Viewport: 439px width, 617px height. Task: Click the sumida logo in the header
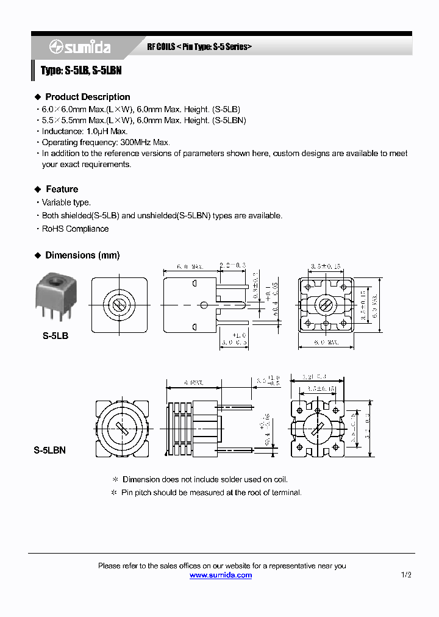point(79,48)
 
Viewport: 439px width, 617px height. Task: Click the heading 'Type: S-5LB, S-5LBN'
point(81,71)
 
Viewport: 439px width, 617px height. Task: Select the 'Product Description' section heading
point(87,97)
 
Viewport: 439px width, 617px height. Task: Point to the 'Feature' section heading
point(62,189)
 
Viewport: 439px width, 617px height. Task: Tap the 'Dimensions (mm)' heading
point(82,255)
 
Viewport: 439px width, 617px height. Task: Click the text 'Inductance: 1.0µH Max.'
point(85,131)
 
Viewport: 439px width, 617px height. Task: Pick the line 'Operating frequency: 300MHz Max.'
point(105,142)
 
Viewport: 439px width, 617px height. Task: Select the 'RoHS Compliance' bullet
point(75,229)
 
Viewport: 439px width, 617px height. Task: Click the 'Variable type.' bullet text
point(66,202)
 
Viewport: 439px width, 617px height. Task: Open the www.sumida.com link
point(220,575)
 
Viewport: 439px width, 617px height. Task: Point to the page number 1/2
point(406,575)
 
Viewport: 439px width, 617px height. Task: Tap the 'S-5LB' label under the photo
point(55,335)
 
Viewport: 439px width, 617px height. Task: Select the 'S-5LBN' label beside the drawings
point(49,451)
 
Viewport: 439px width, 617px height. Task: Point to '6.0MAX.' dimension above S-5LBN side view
point(194,383)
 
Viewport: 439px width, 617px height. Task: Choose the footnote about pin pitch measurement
point(211,492)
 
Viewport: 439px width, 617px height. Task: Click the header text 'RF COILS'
point(161,47)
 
